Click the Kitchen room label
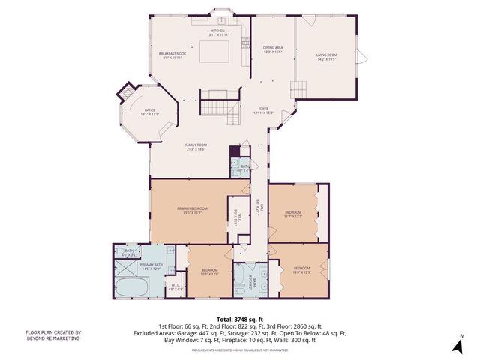(217, 32)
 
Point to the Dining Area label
(272, 49)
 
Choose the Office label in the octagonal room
(150, 112)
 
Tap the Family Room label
(196, 146)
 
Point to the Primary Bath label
(151, 266)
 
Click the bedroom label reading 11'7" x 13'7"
(292, 214)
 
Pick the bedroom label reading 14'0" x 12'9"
(301, 269)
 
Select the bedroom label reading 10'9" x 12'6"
(209, 271)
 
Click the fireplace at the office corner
(124, 94)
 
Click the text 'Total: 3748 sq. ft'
(239, 318)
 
